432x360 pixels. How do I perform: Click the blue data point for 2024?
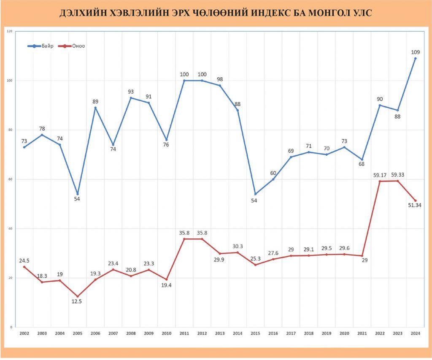(x=415, y=58)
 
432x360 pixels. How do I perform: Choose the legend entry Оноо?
(x=73, y=46)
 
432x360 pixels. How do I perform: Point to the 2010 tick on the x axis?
(x=166, y=333)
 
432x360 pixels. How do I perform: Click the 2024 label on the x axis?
(x=415, y=333)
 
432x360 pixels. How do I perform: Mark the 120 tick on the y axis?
(x=9, y=31)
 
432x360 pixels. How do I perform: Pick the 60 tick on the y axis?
(x=9, y=179)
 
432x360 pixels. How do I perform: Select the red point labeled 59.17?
(x=380, y=181)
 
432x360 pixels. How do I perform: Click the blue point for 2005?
(x=77, y=194)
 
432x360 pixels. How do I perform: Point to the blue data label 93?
(x=131, y=91)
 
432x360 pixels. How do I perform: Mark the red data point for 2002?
(x=24, y=267)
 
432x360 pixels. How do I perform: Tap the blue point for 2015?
(x=255, y=194)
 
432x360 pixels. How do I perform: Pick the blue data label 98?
(x=220, y=79)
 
